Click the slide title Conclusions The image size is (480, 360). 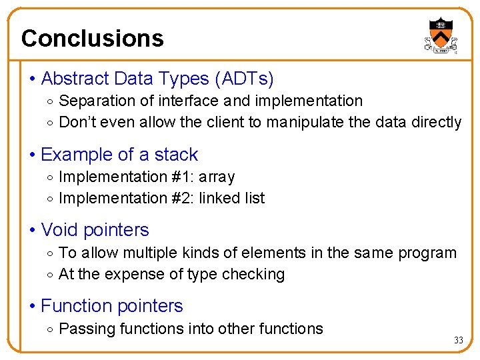coord(92,38)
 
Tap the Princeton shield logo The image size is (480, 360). coord(441,34)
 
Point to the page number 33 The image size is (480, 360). coord(458,340)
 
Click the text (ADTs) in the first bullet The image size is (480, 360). coord(243,79)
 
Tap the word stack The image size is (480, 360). coord(176,155)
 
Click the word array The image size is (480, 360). coord(216,177)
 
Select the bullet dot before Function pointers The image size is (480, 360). coord(33,307)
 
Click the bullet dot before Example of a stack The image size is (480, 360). coord(33,155)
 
